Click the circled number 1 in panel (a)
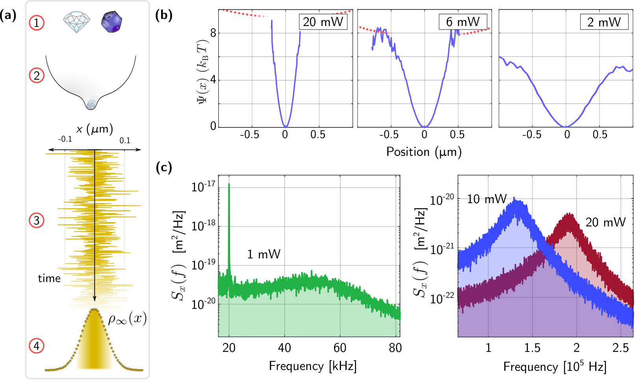coord(37,23)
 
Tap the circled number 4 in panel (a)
coord(37,346)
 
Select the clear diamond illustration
coord(76,22)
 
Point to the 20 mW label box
coord(323,22)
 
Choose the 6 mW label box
coord(463,22)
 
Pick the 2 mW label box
coord(604,22)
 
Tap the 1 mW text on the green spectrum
coord(264,254)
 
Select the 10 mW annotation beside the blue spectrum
coord(487,199)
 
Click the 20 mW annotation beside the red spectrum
coord(605,222)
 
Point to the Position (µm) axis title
coord(424,152)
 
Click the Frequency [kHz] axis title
coord(313,366)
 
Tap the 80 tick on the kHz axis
coord(395,348)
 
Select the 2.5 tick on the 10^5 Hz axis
coord(620,348)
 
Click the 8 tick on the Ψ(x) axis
coord(213,33)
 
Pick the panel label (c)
coord(164,168)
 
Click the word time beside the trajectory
coord(49,278)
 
